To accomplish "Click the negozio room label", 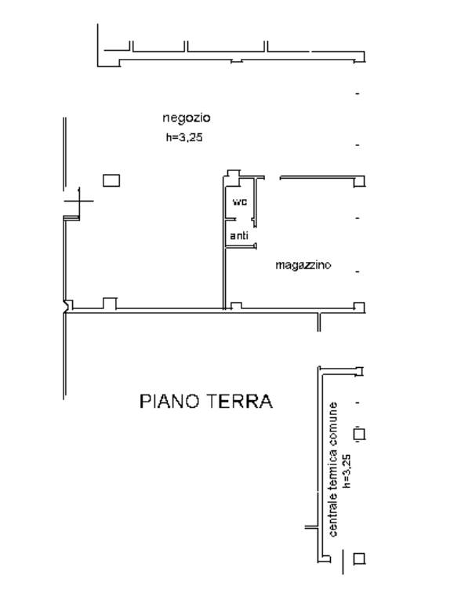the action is point(187,118).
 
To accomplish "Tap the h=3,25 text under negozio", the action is point(184,137).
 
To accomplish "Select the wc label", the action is point(240,202).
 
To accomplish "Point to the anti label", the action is point(239,235).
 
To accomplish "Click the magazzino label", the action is point(303,265).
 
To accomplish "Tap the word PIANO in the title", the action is point(169,402).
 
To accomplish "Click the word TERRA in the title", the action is point(238,402).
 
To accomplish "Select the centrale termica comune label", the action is point(332,469).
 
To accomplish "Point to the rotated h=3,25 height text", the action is point(347,471).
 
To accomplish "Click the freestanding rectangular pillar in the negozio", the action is point(111,180).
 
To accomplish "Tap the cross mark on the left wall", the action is point(79,201).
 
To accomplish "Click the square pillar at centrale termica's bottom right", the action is point(359,559).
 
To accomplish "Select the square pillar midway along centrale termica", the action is point(359,435).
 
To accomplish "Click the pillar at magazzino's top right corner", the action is point(359,182).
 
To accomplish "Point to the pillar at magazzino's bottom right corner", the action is point(359,307).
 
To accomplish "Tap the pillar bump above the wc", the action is point(234,174).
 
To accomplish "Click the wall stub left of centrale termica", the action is point(311,527).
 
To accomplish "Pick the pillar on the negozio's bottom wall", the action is point(110,304).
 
